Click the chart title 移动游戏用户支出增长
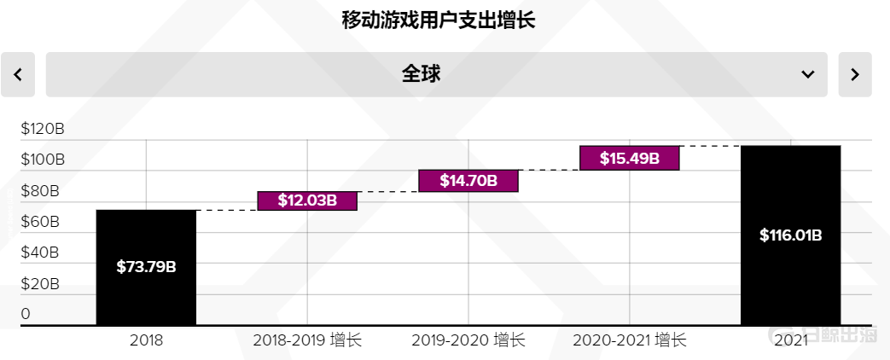(438, 20)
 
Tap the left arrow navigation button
(18, 75)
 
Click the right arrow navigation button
(854, 75)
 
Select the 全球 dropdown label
(421, 74)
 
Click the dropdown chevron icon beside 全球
(807, 75)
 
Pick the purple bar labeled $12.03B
(307, 200)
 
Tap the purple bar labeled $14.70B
(468, 180)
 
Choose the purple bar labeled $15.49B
(629, 158)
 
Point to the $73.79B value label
(146, 267)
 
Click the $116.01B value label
(790, 235)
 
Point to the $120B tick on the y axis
(43, 129)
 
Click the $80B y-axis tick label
(43, 191)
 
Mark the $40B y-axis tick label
(43, 253)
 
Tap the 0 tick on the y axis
(26, 314)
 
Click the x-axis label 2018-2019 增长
(307, 340)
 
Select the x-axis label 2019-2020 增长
(468, 340)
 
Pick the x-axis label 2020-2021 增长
(629, 340)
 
